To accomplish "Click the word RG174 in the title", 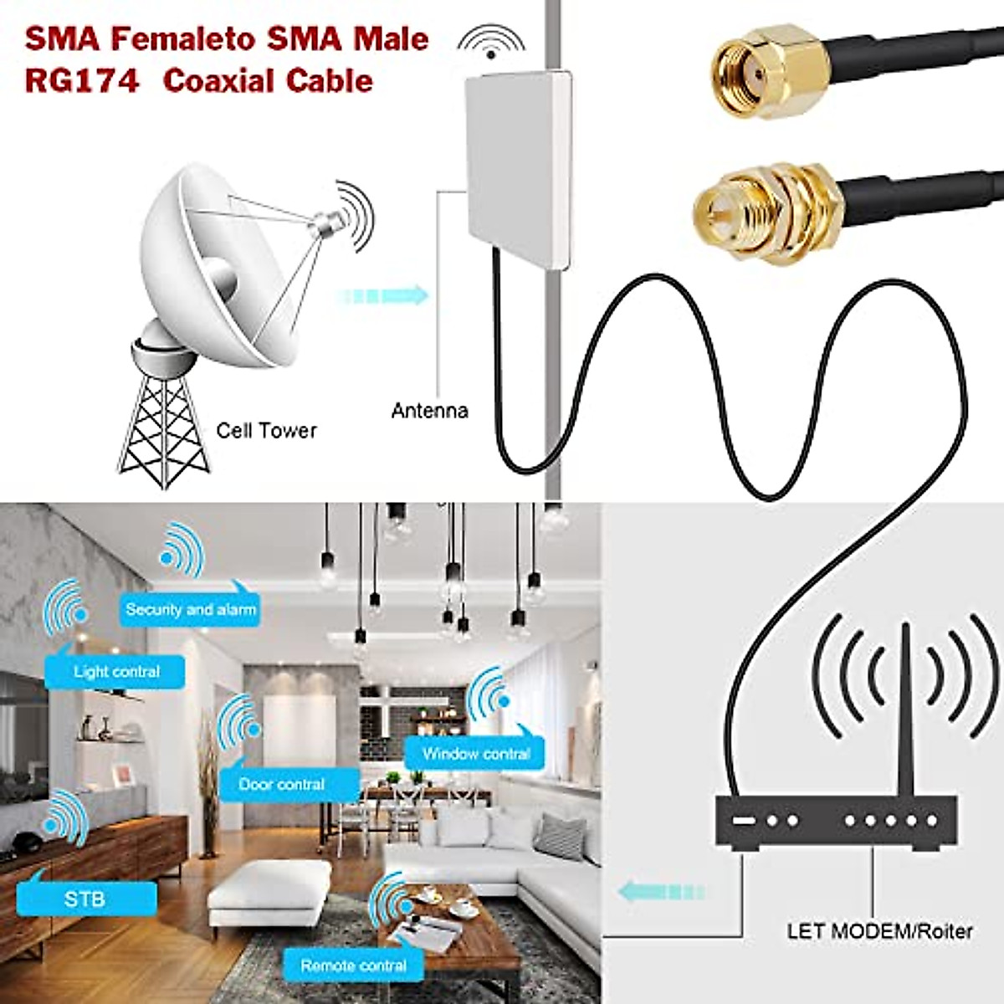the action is click(81, 81).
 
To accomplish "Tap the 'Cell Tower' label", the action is click(266, 431).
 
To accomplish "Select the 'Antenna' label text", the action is click(429, 411).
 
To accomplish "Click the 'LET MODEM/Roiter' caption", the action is click(879, 930).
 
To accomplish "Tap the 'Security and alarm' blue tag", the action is click(191, 609).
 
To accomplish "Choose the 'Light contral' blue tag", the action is click(115, 671).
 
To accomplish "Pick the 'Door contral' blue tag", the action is click(282, 784).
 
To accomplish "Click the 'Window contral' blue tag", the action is click(475, 753).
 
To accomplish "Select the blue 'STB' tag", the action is click(85, 899).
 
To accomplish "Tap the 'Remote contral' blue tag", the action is click(353, 966).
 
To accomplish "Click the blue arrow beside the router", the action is click(661, 892).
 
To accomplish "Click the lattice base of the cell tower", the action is click(164, 431).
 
